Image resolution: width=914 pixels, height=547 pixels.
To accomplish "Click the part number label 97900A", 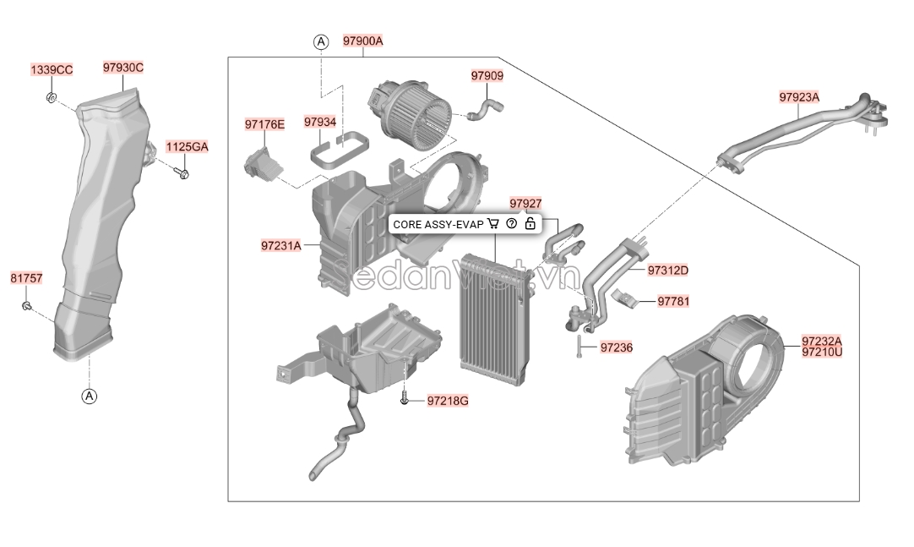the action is pyautogui.click(x=362, y=41).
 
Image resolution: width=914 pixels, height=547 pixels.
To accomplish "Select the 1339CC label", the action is pyautogui.click(x=52, y=70).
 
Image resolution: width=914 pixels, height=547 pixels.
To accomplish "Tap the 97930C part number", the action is pyautogui.click(x=123, y=68).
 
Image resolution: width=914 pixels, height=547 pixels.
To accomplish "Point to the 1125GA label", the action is pyautogui.click(x=188, y=147).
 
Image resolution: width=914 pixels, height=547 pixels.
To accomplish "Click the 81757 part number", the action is pyautogui.click(x=27, y=278).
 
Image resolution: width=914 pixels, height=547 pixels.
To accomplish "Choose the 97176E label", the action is pyautogui.click(x=264, y=124).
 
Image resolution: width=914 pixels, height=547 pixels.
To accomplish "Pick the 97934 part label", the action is pyautogui.click(x=320, y=122).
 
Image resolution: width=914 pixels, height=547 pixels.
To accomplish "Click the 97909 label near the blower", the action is pyautogui.click(x=487, y=76).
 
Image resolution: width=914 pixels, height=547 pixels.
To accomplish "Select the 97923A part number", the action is pyautogui.click(x=799, y=97).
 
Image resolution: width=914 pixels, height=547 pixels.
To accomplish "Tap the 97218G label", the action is pyautogui.click(x=448, y=401).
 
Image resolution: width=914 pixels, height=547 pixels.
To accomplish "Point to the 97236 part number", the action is pyautogui.click(x=616, y=347).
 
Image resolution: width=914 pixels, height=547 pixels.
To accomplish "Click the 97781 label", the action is pyautogui.click(x=673, y=302).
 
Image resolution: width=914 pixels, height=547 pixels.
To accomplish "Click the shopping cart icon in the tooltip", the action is pyautogui.click(x=493, y=224).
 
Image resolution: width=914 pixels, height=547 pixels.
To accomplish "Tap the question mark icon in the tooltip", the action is pyautogui.click(x=512, y=223).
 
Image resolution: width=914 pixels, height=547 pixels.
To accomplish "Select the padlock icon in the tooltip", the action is pyautogui.click(x=530, y=223).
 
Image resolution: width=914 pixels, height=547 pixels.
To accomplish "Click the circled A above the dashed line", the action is pyautogui.click(x=321, y=42).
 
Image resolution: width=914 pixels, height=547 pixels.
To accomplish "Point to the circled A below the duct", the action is pyautogui.click(x=89, y=397).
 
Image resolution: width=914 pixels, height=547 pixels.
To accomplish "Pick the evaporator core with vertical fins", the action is pyautogui.click(x=496, y=320).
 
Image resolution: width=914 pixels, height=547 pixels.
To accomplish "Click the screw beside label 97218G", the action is pyautogui.click(x=405, y=400).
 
